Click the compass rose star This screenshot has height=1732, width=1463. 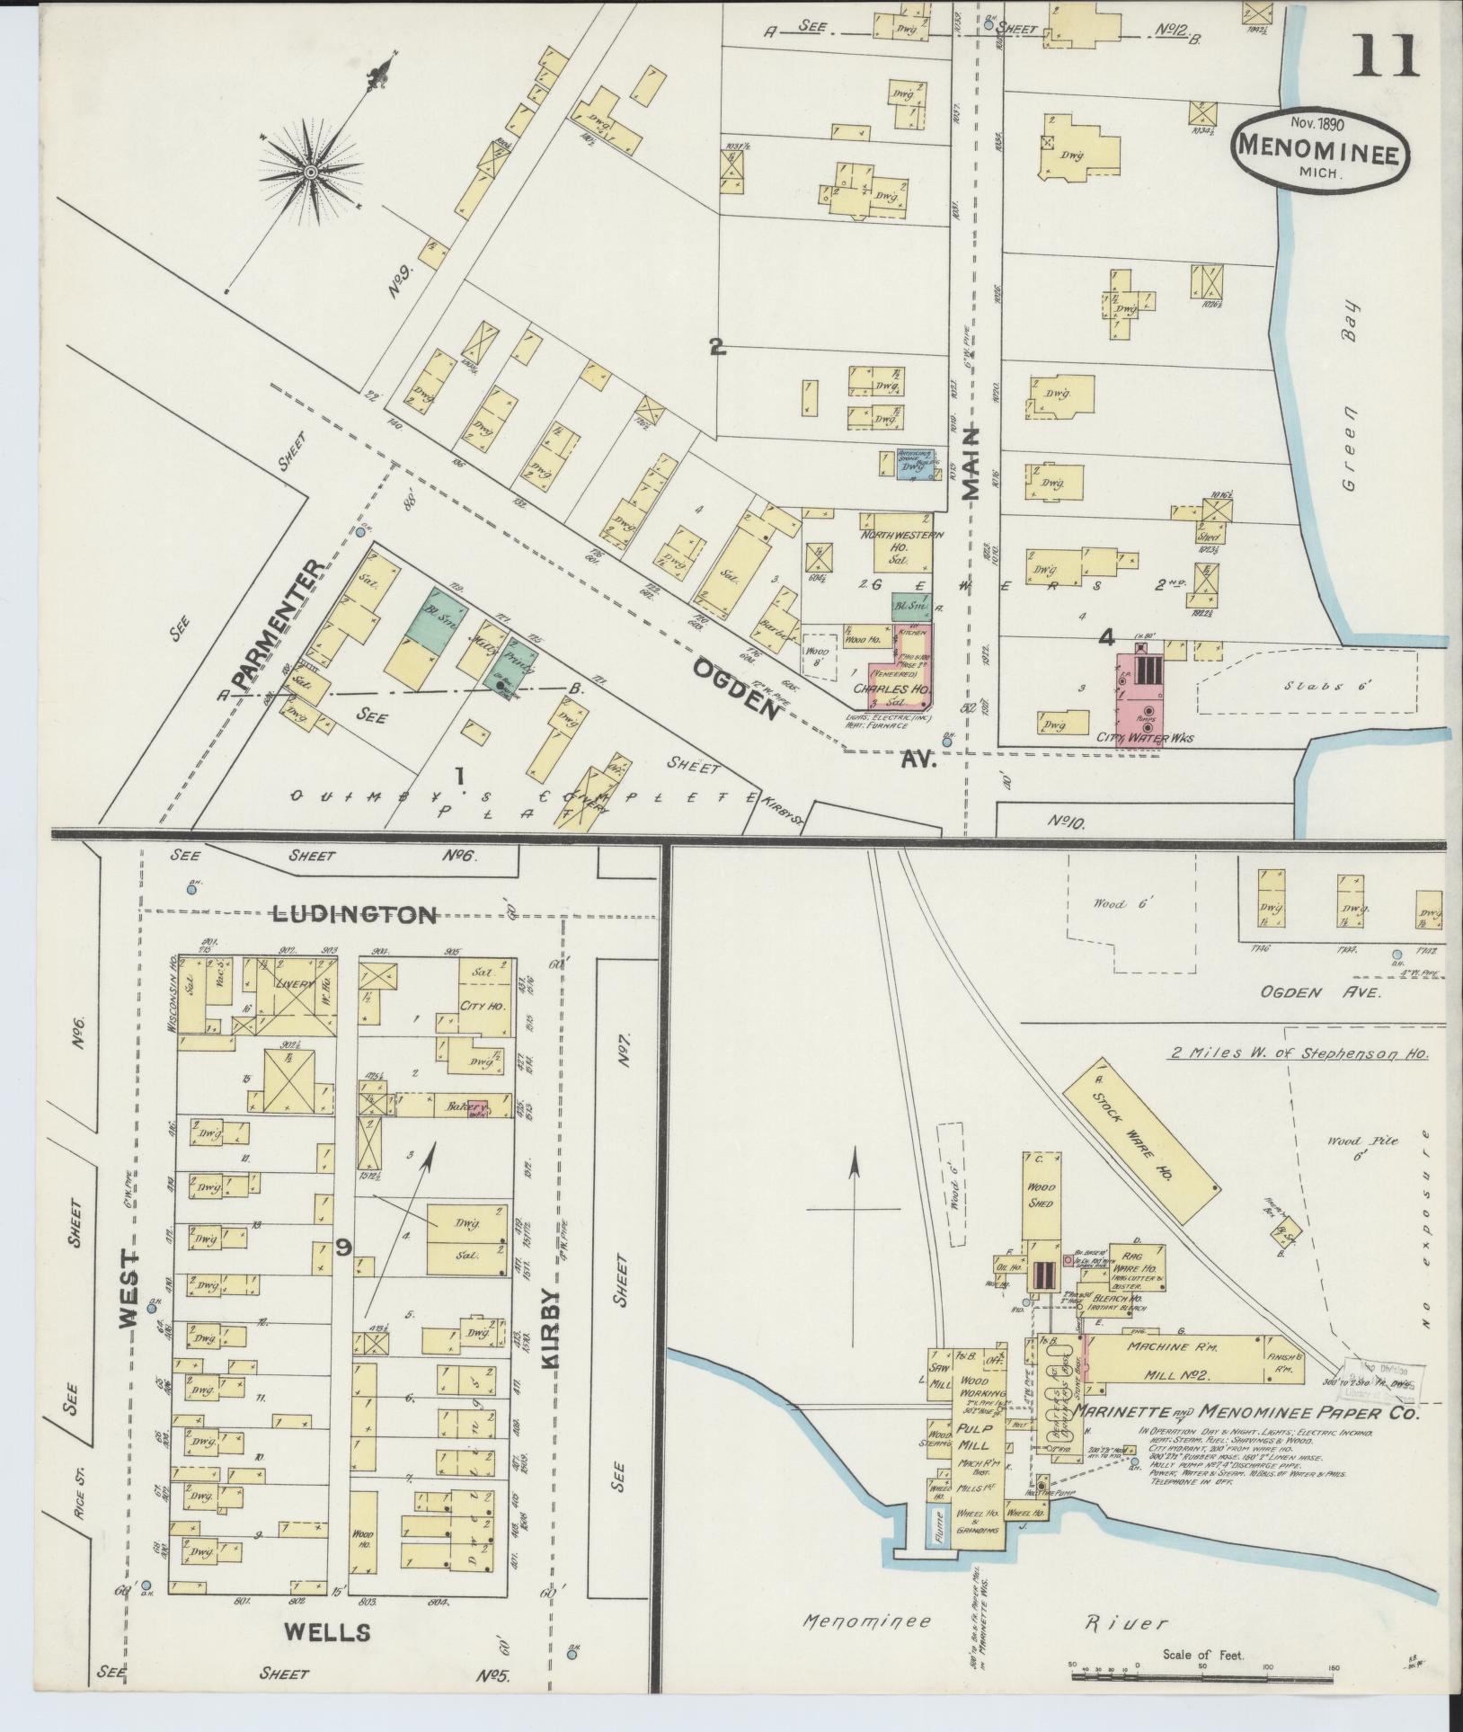coord(310,170)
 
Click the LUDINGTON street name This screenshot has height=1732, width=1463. coord(355,916)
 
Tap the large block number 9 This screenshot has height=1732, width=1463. coord(342,1246)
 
